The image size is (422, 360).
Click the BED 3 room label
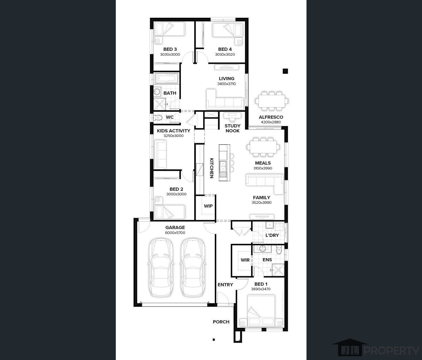point(170,49)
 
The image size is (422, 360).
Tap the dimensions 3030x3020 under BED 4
point(225,55)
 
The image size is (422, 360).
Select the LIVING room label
point(226,78)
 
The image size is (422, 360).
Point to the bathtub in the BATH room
point(166,78)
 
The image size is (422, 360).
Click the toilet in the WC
point(158,117)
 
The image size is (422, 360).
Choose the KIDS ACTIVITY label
point(174,131)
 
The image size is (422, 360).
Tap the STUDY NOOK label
point(232,128)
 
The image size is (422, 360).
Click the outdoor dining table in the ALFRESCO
point(272,101)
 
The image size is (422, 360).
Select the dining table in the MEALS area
point(263,147)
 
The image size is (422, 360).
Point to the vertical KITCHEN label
point(212,168)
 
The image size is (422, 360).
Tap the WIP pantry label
point(208,206)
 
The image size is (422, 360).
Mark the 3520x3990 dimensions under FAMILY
point(262,203)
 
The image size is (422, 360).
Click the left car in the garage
point(161,268)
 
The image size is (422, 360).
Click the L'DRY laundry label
point(272,235)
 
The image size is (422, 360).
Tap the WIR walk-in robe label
point(245,260)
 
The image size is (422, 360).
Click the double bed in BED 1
point(261,310)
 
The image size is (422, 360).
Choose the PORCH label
point(221,322)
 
